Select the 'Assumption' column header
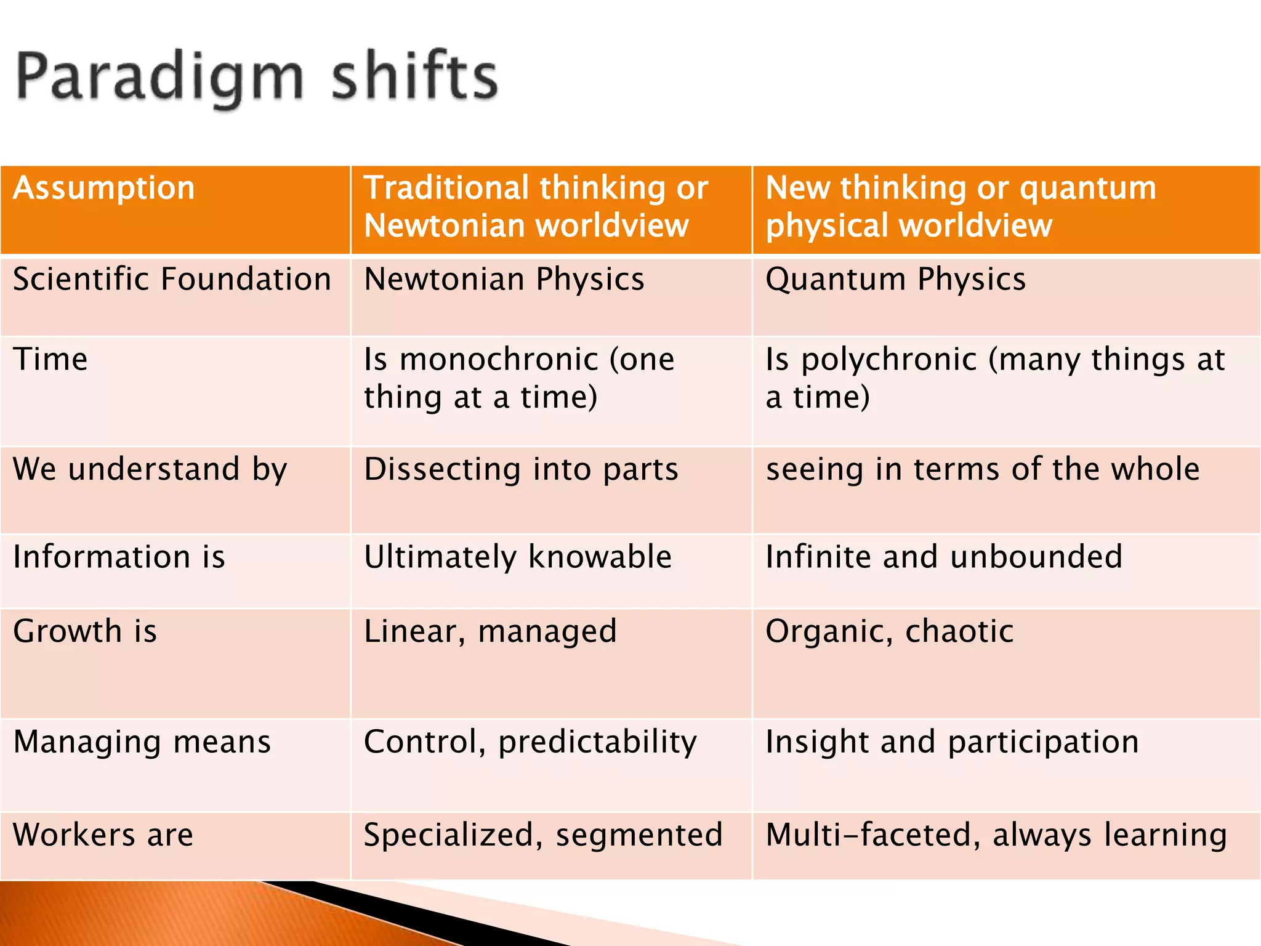coord(103,188)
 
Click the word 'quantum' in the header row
coord(1087,188)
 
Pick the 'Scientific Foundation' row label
coord(172,280)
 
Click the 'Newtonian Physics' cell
coord(504,280)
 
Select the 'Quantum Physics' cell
coord(895,280)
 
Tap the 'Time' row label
coord(50,359)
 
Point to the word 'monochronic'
coord(499,359)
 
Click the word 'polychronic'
coord(889,360)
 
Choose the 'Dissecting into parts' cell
coord(521,469)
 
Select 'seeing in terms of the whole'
coord(982,469)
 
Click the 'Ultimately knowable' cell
coord(517,557)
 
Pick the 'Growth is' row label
coord(85,631)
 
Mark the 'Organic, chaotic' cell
coord(889,631)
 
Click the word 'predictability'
coord(597,742)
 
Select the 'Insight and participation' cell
coord(951,742)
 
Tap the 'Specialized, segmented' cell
coord(542,835)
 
